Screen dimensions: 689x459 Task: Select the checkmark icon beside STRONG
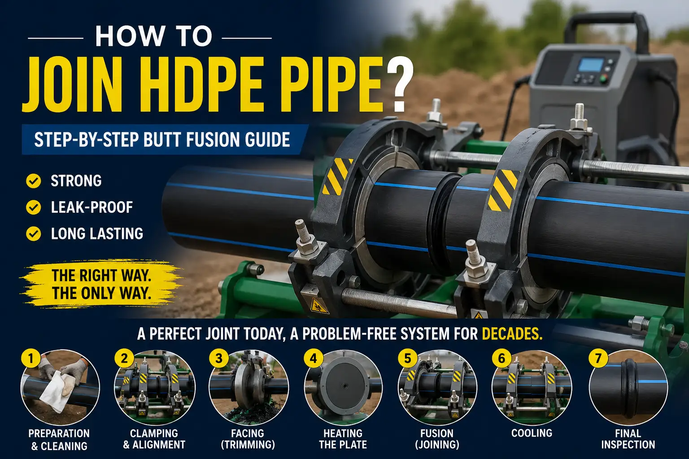[34, 181]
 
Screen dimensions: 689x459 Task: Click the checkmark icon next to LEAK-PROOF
[34, 207]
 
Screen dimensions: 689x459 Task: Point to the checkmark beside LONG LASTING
[34, 234]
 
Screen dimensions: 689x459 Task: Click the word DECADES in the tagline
[512, 334]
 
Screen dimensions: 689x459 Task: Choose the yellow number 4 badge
[314, 358]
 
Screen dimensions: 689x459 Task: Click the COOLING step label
[532, 433]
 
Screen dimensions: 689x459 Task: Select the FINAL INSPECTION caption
[628, 439]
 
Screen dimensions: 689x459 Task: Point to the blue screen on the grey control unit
[591, 65]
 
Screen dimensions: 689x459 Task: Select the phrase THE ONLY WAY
[101, 293]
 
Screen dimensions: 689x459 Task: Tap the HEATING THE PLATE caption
[343, 439]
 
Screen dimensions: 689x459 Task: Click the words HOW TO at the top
[153, 36]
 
